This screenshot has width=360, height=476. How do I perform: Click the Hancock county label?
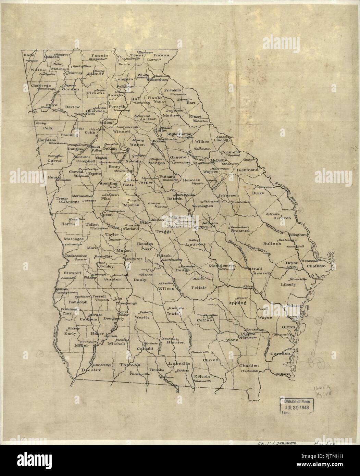191,179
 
